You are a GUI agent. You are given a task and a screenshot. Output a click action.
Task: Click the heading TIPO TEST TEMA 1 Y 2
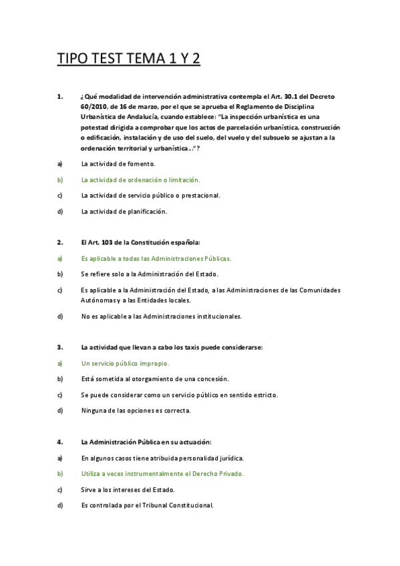coord(129,59)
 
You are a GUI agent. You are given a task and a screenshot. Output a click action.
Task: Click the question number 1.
coord(59,97)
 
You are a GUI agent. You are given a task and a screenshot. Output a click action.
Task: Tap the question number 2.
coord(59,242)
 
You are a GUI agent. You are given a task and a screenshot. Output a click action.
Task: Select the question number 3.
coord(59,347)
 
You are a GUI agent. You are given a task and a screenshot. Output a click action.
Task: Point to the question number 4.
coord(59,442)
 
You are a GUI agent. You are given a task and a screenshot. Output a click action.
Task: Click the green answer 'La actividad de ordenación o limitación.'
coord(140,180)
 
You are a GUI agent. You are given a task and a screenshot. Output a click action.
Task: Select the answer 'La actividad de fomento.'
coord(118,164)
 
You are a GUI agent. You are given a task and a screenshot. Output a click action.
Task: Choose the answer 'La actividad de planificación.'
coord(124,212)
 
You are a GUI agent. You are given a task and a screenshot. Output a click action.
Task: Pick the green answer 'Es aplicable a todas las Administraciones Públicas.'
coord(156,258)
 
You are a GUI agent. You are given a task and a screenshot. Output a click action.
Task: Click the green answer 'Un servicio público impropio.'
coord(125,363)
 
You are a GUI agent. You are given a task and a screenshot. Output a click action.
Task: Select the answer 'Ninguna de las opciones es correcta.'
coord(136,410)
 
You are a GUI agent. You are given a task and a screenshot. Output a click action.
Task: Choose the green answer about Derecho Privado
coord(162,473)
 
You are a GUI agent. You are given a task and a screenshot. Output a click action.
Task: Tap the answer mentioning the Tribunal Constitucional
coord(147,505)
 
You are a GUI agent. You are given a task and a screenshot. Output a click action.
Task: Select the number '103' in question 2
coord(111,242)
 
